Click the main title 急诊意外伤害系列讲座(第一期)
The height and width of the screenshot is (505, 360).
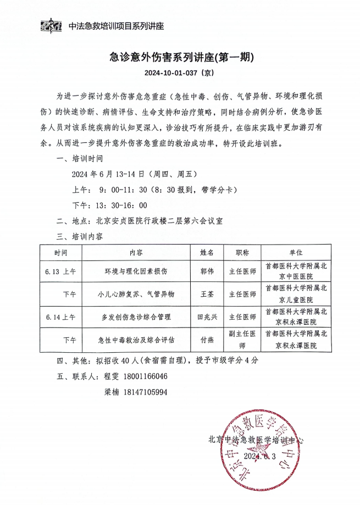click(x=180, y=57)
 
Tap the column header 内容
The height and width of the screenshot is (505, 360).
click(x=137, y=253)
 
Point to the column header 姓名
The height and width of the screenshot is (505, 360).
click(x=208, y=253)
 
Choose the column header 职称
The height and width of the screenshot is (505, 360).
click(x=242, y=253)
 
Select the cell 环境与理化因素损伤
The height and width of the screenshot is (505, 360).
click(x=136, y=271)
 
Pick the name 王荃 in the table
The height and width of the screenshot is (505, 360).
click(x=208, y=294)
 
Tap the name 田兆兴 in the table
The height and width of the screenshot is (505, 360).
click(x=208, y=317)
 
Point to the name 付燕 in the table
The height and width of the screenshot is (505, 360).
click(x=208, y=340)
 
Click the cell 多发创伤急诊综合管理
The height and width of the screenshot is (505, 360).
click(x=136, y=317)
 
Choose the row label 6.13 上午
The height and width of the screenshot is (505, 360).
click(x=61, y=271)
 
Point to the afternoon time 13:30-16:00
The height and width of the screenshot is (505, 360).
click(x=121, y=206)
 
